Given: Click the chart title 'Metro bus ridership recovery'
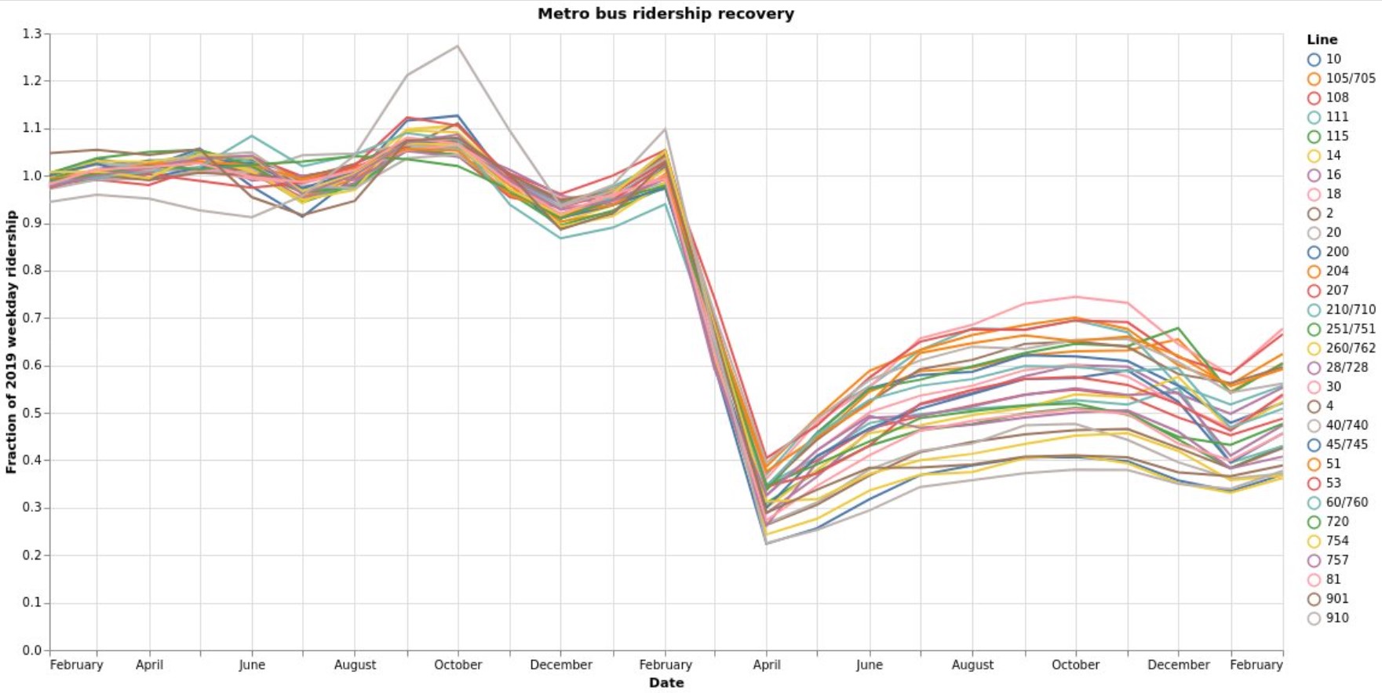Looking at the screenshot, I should coord(665,13).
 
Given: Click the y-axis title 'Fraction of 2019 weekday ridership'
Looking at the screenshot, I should coord(11,341).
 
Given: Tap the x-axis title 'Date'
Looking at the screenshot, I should coord(665,683).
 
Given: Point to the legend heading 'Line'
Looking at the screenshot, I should coord(1322,39).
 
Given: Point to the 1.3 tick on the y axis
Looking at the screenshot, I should coord(32,34).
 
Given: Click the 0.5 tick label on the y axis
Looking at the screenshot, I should coord(32,413).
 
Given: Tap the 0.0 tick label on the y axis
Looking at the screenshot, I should coord(32,650).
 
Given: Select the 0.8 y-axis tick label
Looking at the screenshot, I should coord(32,271).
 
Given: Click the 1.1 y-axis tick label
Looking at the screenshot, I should coord(32,128).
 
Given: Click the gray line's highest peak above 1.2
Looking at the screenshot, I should coord(458,46).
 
